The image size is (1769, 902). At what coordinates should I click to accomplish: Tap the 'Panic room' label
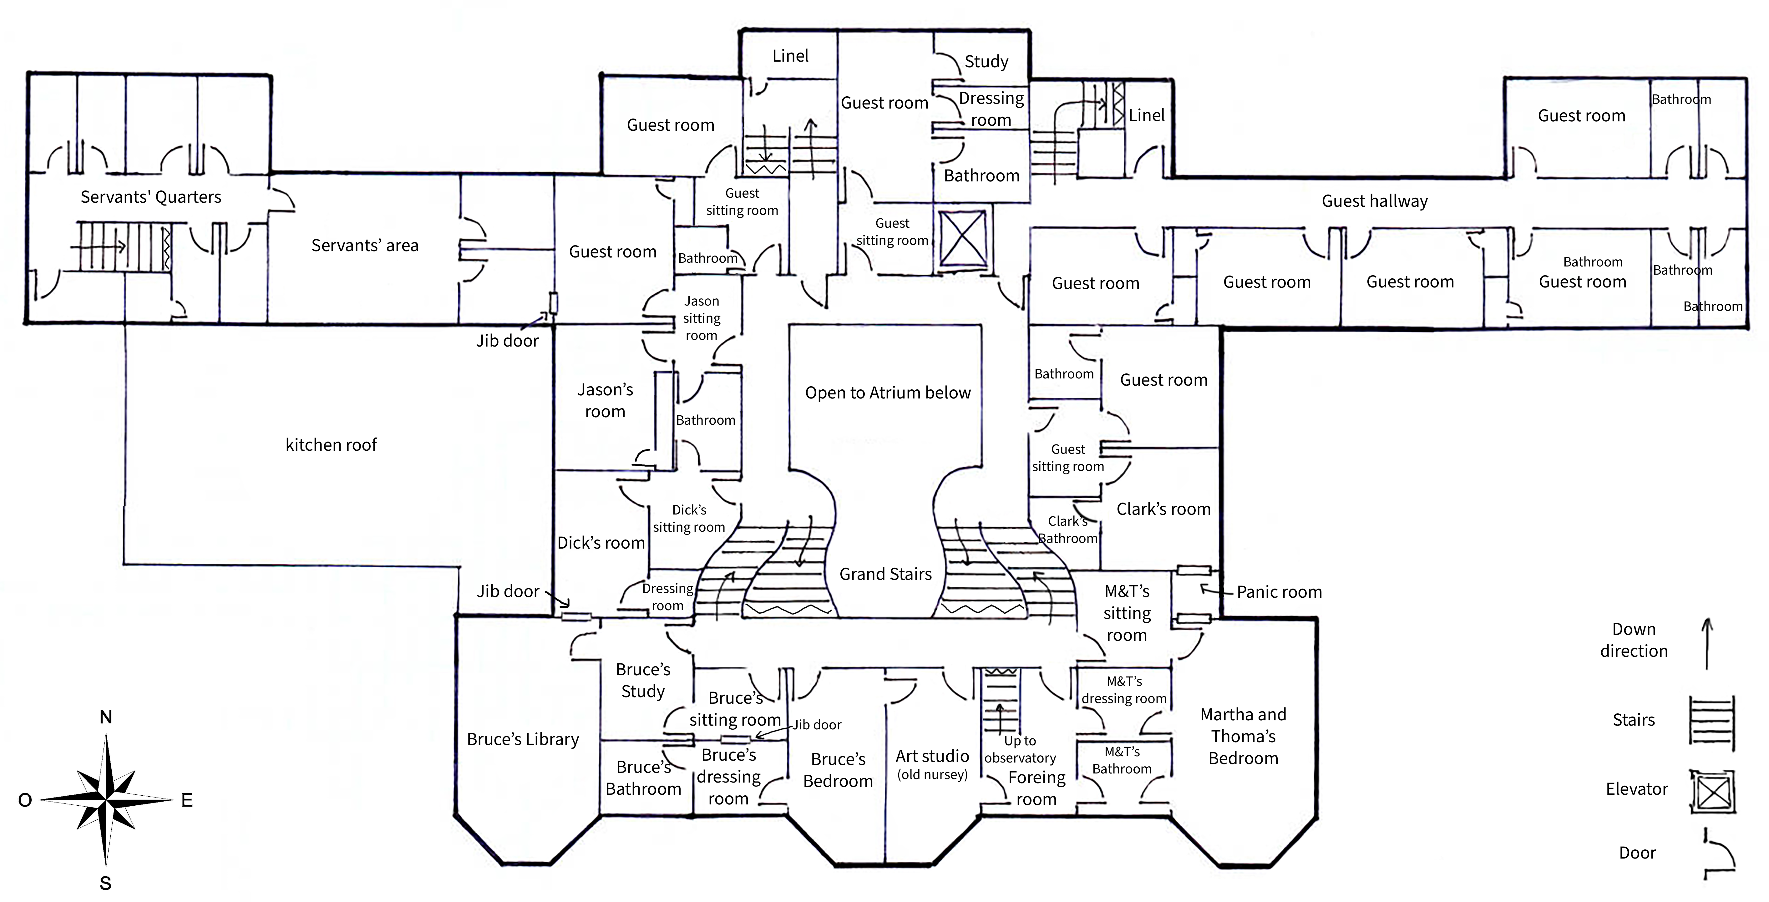point(1279,592)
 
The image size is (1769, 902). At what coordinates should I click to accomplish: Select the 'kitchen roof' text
point(331,445)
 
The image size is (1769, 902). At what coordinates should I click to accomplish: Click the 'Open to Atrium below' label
point(887,393)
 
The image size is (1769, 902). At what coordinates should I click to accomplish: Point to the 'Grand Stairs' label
point(885,574)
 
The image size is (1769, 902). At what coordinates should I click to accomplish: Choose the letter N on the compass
point(106,717)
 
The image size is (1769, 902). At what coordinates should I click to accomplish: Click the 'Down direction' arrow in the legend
point(1707,643)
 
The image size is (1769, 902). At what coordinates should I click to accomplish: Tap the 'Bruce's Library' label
point(523,739)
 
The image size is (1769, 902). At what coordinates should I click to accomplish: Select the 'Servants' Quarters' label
point(150,197)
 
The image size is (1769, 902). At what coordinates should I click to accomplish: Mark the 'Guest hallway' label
point(1374,201)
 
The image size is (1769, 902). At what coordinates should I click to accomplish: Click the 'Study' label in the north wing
point(986,62)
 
